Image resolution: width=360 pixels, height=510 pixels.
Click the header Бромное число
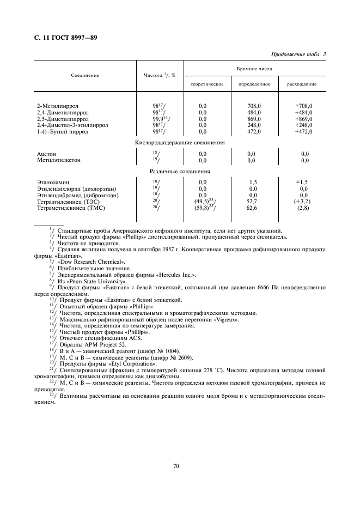tap(254, 69)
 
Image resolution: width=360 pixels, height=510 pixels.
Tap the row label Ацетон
tap(46, 154)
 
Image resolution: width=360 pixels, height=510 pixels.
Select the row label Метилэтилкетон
tap(57, 161)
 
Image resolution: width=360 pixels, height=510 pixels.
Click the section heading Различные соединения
tap(180, 172)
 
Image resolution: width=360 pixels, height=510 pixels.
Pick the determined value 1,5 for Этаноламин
tap(253, 183)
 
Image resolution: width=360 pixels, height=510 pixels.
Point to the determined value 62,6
tap(253, 208)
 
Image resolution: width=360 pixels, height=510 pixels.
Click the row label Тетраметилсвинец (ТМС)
tap(70, 208)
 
